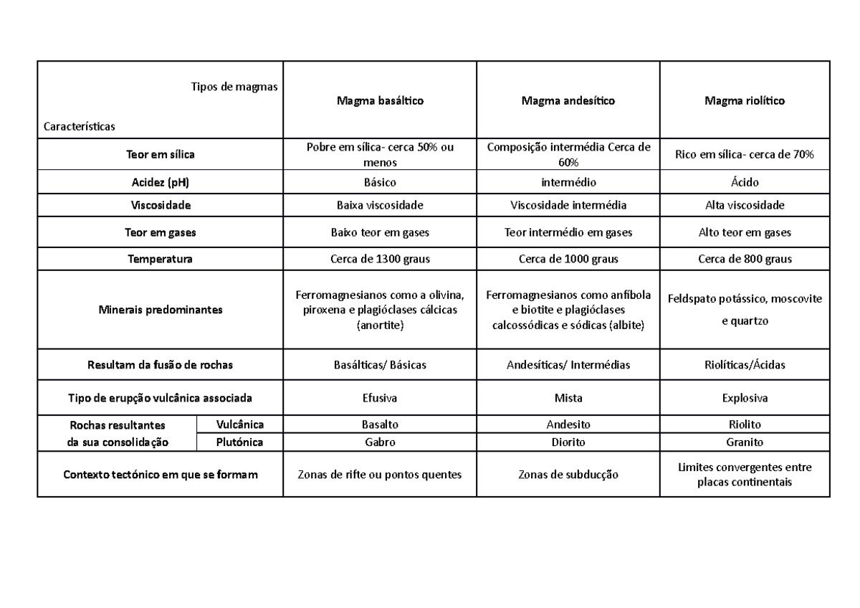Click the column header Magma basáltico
(380, 101)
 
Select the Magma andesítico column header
(568, 101)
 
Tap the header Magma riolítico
(745, 101)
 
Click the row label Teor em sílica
(161, 154)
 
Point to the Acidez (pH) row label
(161, 183)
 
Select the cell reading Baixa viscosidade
(380, 205)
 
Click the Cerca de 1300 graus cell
(380, 259)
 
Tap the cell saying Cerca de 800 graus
(745, 259)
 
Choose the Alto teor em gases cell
(745, 232)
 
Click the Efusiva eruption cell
(380, 397)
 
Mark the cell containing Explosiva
(745, 397)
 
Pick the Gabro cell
(380, 442)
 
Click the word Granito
(745, 442)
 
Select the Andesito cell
(568, 424)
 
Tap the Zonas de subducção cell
(568, 475)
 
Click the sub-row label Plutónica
(239, 442)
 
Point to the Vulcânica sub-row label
(239, 424)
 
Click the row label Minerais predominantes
(161, 310)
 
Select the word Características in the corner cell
(80, 125)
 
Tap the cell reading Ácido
(745, 183)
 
